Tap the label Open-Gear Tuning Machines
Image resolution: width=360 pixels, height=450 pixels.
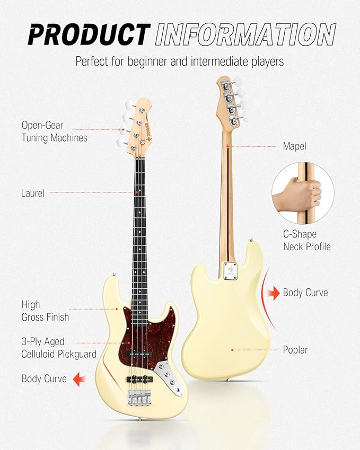coord(54,131)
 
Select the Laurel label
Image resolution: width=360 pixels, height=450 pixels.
coord(33,193)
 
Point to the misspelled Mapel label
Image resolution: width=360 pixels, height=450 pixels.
coord(295,146)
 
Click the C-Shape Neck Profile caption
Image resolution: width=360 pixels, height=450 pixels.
coord(306,240)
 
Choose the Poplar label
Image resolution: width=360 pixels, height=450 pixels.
coord(295,350)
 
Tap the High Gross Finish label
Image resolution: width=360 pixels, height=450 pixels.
coord(45,311)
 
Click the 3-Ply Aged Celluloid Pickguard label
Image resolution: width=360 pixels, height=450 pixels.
coord(59,348)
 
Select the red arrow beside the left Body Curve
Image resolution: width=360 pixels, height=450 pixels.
coord(79,378)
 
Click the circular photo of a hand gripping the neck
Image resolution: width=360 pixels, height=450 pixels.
coord(302,193)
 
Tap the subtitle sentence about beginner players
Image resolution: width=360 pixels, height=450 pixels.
coord(179,61)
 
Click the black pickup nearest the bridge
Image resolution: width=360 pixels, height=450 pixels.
coord(140,378)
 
